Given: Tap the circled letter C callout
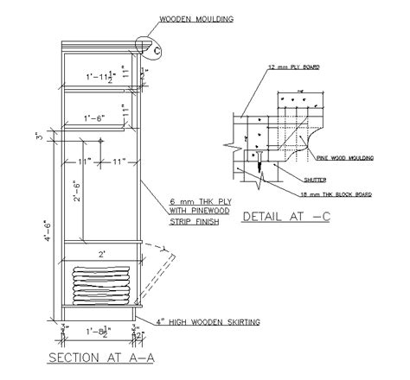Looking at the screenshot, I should coord(157,52).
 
